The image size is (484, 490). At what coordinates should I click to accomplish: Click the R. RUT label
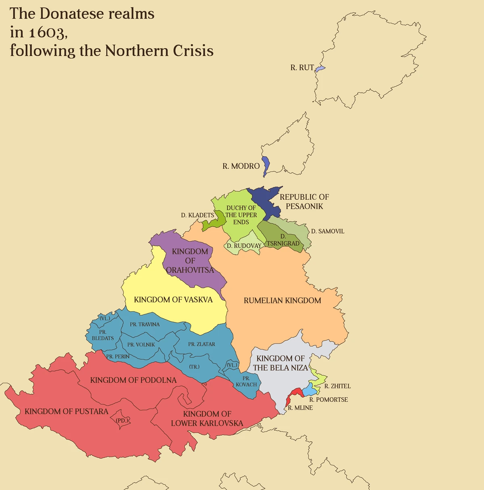click(302, 68)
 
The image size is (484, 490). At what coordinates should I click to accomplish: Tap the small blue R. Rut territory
click(320, 69)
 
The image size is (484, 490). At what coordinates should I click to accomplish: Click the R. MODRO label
click(241, 166)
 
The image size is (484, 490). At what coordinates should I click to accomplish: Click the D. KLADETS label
click(197, 215)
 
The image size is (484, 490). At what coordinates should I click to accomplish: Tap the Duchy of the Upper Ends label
click(241, 215)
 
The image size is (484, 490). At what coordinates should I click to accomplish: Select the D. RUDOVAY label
click(244, 246)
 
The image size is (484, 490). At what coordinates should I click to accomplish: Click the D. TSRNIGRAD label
click(283, 240)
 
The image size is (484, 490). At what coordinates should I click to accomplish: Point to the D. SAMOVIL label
click(328, 231)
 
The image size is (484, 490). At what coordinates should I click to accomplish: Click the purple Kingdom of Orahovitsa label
click(190, 260)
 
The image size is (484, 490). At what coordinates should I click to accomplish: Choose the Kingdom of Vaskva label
click(173, 299)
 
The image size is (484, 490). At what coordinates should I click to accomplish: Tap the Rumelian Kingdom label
click(282, 300)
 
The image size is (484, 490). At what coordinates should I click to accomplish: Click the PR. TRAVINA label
click(144, 324)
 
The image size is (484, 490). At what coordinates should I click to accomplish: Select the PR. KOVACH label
click(246, 381)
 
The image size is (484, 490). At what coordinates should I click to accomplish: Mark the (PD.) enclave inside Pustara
click(122, 421)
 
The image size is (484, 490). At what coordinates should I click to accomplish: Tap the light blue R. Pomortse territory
click(309, 390)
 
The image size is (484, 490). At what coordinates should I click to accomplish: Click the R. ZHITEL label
click(338, 386)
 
